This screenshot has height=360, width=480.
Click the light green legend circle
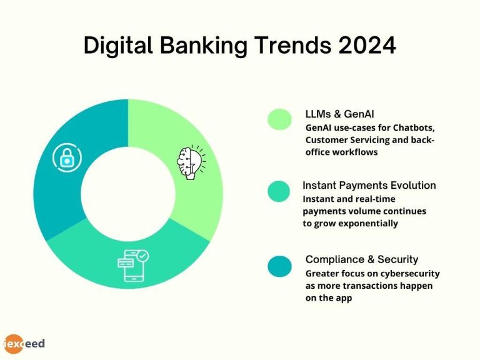tap(279, 119)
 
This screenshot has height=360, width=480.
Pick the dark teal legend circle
tap(279, 266)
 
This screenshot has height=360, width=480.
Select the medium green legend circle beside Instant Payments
tap(279, 192)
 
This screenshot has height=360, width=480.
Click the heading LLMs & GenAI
tap(340, 114)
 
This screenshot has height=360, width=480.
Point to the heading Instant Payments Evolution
tap(369, 186)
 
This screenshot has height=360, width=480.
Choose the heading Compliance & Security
tap(362, 259)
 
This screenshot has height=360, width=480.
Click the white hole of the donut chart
tap(128, 194)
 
